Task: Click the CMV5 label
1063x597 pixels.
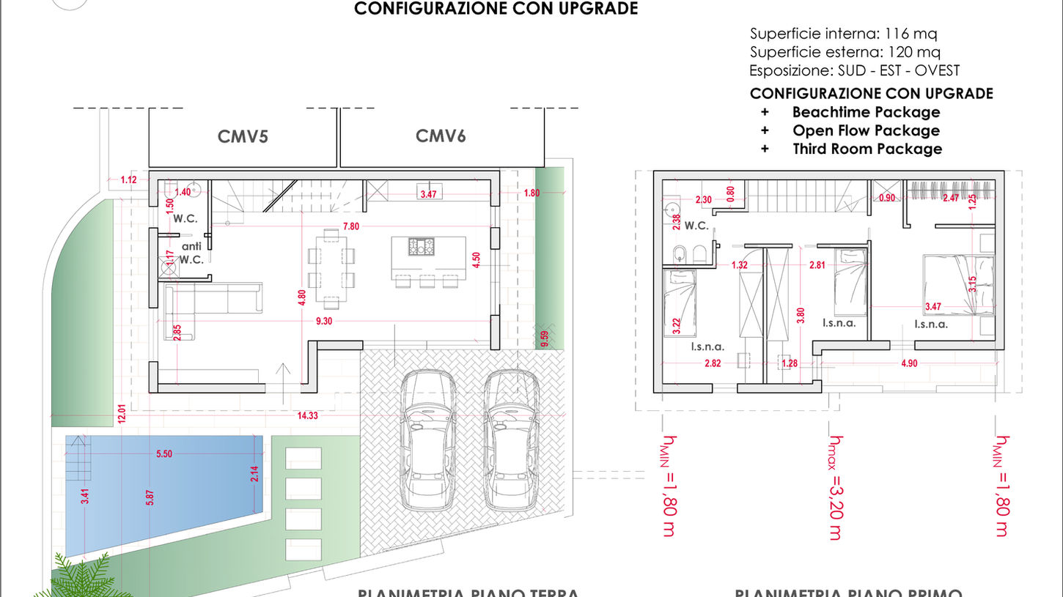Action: (x=243, y=136)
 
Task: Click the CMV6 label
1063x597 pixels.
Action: (x=441, y=136)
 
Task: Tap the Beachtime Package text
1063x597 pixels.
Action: (x=866, y=112)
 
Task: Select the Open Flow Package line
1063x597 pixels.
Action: (x=866, y=130)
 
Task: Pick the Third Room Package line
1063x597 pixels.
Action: (x=867, y=149)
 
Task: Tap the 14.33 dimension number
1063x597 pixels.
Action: (x=307, y=415)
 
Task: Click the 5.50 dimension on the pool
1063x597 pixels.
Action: (x=164, y=454)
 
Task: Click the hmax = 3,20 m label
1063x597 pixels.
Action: (x=835, y=487)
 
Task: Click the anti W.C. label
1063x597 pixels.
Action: (x=191, y=253)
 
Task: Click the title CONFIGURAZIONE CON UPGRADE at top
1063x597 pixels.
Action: (x=496, y=9)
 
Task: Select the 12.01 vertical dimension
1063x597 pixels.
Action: (x=122, y=414)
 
